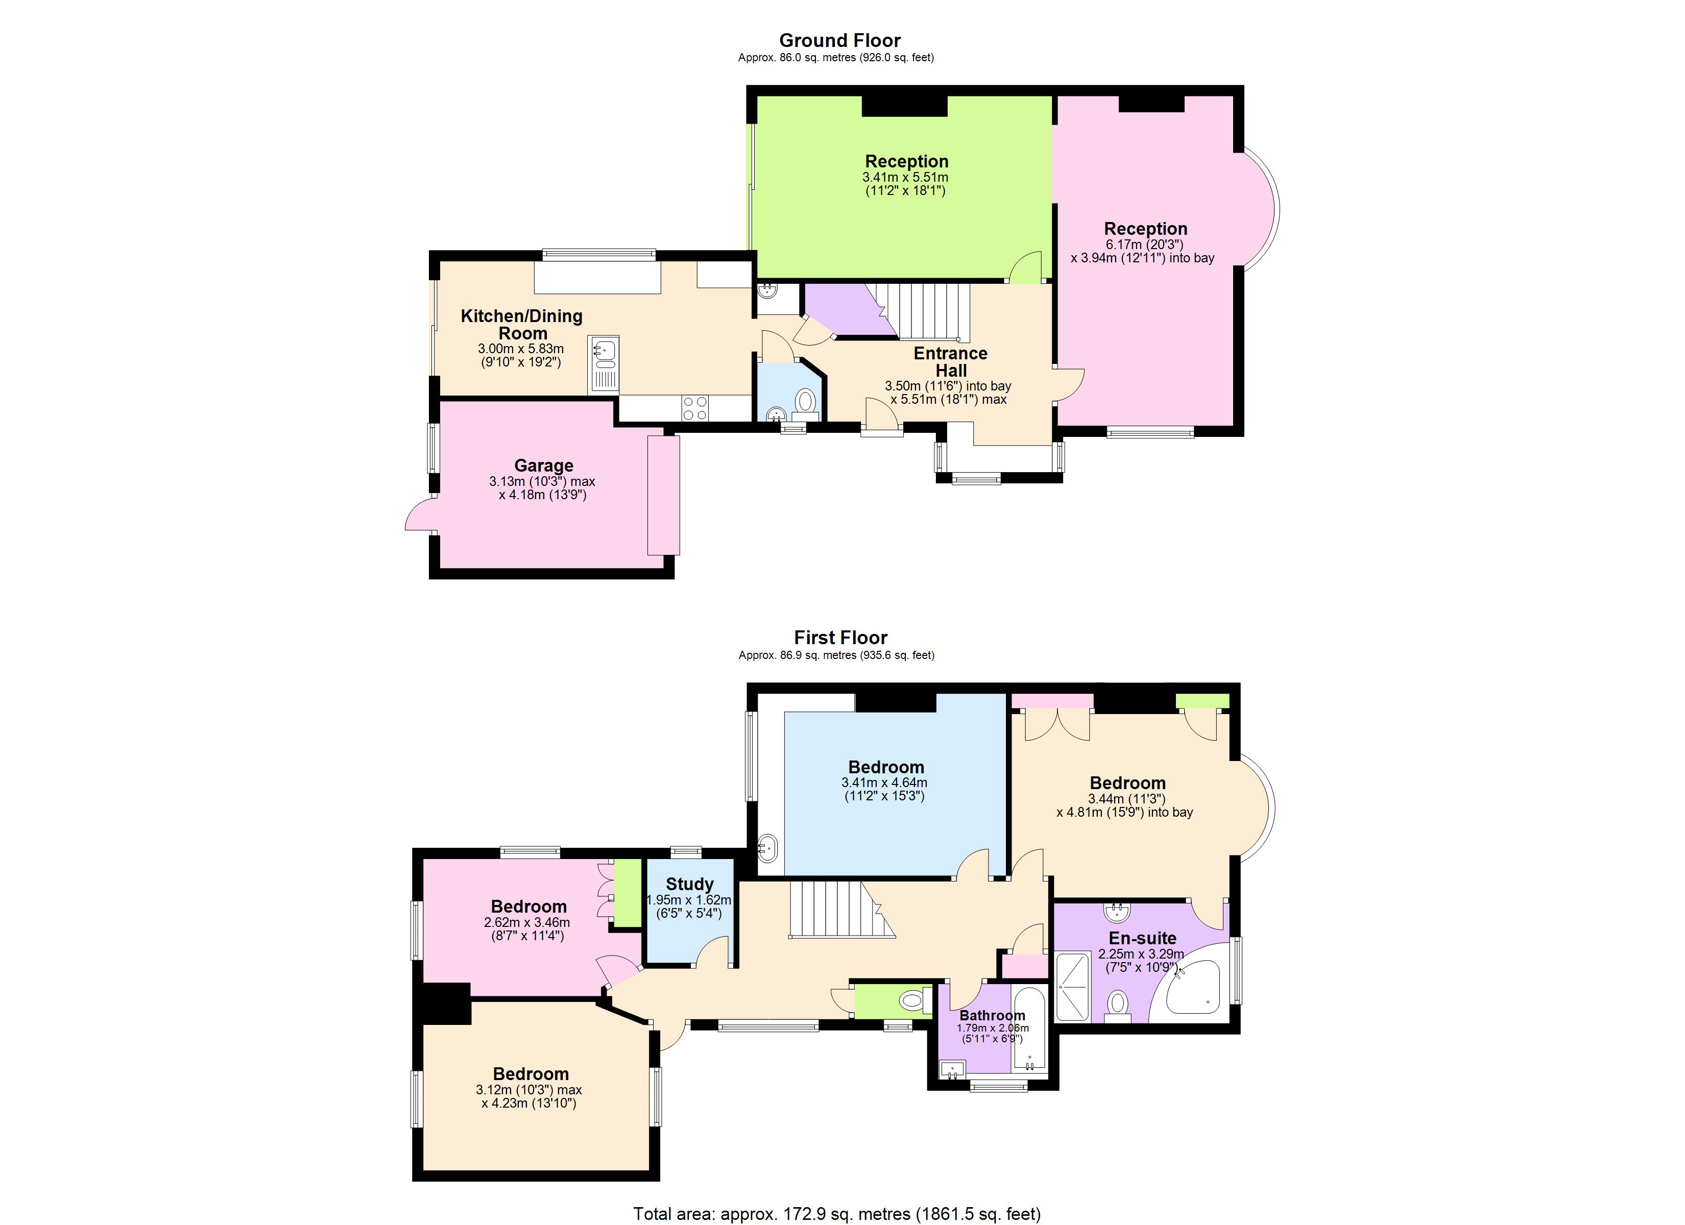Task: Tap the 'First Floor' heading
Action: point(840,638)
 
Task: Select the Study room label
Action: point(689,884)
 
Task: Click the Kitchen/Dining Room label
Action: point(521,325)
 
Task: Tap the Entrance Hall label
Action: point(950,362)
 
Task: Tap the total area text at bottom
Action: point(836,1214)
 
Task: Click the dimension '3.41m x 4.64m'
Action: point(884,782)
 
